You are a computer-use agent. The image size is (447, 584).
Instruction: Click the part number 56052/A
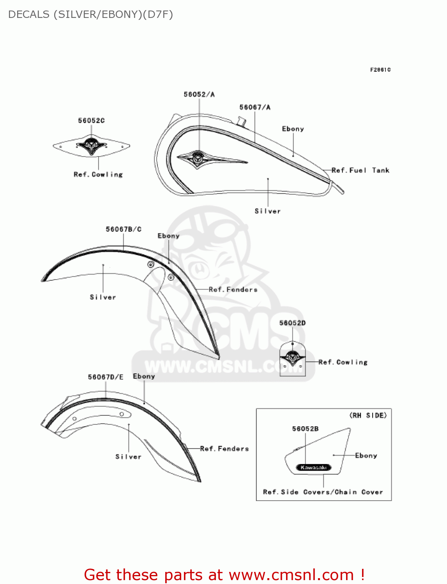pyautogui.click(x=199, y=94)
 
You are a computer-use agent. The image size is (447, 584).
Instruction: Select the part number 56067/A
pyautogui.click(x=255, y=107)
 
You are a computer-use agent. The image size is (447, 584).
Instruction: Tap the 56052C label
pyautogui.click(x=91, y=120)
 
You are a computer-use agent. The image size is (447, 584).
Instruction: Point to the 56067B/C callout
pyautogui.click(x=124, y=229)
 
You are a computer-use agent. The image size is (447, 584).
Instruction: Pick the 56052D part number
pyautogui.click(x=292, y=323)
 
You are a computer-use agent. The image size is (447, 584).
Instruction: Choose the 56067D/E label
pyautogui.click(x=106, y=377)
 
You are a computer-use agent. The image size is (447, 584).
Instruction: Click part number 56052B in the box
pyautogui.click(x=305, y=429)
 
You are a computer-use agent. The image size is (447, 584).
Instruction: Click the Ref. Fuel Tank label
pyautogui.click(x=360, y=170)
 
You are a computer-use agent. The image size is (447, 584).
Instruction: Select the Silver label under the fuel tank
pyautogui.click(x=268, y=211)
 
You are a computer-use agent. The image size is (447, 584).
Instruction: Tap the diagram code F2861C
pyautogui.click(x=380, y=70)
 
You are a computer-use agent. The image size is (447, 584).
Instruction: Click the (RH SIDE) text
pyautogui.click(x=368, y=415)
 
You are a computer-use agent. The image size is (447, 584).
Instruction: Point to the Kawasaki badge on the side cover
pyautogui.click(x=314, y=467)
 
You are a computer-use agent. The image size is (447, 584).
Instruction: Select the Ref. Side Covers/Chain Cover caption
pyautogui.click(x=323, y=492)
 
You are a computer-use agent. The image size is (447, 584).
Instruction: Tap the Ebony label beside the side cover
pyautogui.click(x=366, y=455)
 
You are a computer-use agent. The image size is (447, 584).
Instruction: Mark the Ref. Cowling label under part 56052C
pyautogui.click(x=98, y=174)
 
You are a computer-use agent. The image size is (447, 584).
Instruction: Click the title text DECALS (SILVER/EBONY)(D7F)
pyautogui.click(x=90, y=14)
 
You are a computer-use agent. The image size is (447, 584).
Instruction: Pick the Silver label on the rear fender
pyautogui.click(x=128, y=456)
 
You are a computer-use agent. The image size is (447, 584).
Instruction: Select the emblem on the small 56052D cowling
pyautogui.click(x=292, y=357)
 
